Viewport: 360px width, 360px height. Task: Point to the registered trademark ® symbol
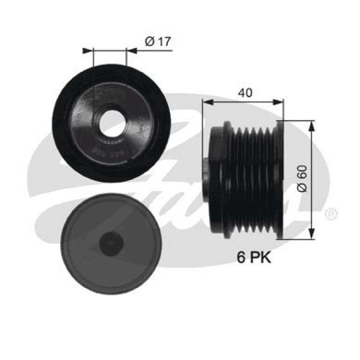coord(331,214)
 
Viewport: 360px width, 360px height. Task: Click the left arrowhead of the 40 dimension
coord(206,102)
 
